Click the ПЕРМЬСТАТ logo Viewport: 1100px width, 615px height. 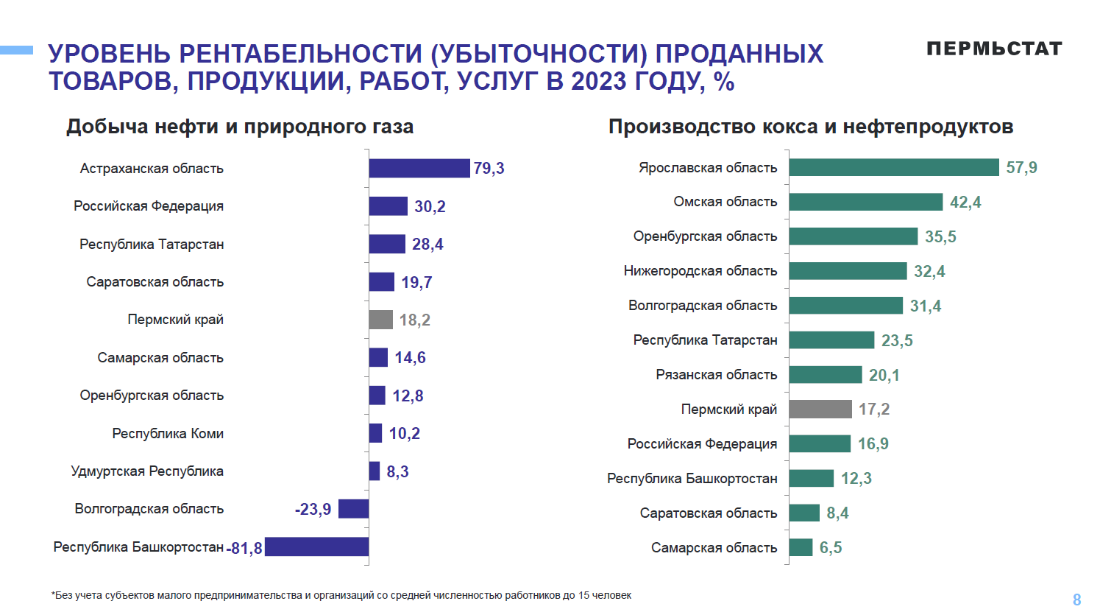tap(994, 49)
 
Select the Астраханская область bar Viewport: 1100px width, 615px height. tap(419, 169)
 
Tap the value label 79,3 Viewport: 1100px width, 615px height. tap(489, 169)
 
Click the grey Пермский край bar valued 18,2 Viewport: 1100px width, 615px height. tap(380, 320)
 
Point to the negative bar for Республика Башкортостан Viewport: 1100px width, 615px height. tap(316, 547)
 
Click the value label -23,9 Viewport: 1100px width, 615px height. tap(313, 509)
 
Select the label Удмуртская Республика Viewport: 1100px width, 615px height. tap(147, 471)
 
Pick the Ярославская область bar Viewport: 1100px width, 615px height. tap(893, 168)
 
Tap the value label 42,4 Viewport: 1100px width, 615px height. tap(965, 203)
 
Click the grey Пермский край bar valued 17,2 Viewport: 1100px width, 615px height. tap(820, 410)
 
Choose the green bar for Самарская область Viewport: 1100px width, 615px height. tap(801, 547)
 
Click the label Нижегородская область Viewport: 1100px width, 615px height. tap(700, 271)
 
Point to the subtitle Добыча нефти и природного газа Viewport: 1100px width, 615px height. tap(240, 127)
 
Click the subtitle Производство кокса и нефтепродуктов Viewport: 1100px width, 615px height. tap(810, 127)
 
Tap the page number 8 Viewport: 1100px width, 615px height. tap(1076, 600)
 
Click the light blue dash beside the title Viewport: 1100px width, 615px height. tap(16, 50)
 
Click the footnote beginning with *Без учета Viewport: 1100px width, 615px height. tap(341, 595)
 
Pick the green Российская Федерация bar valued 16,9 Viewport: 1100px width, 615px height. tap(820, 443)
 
